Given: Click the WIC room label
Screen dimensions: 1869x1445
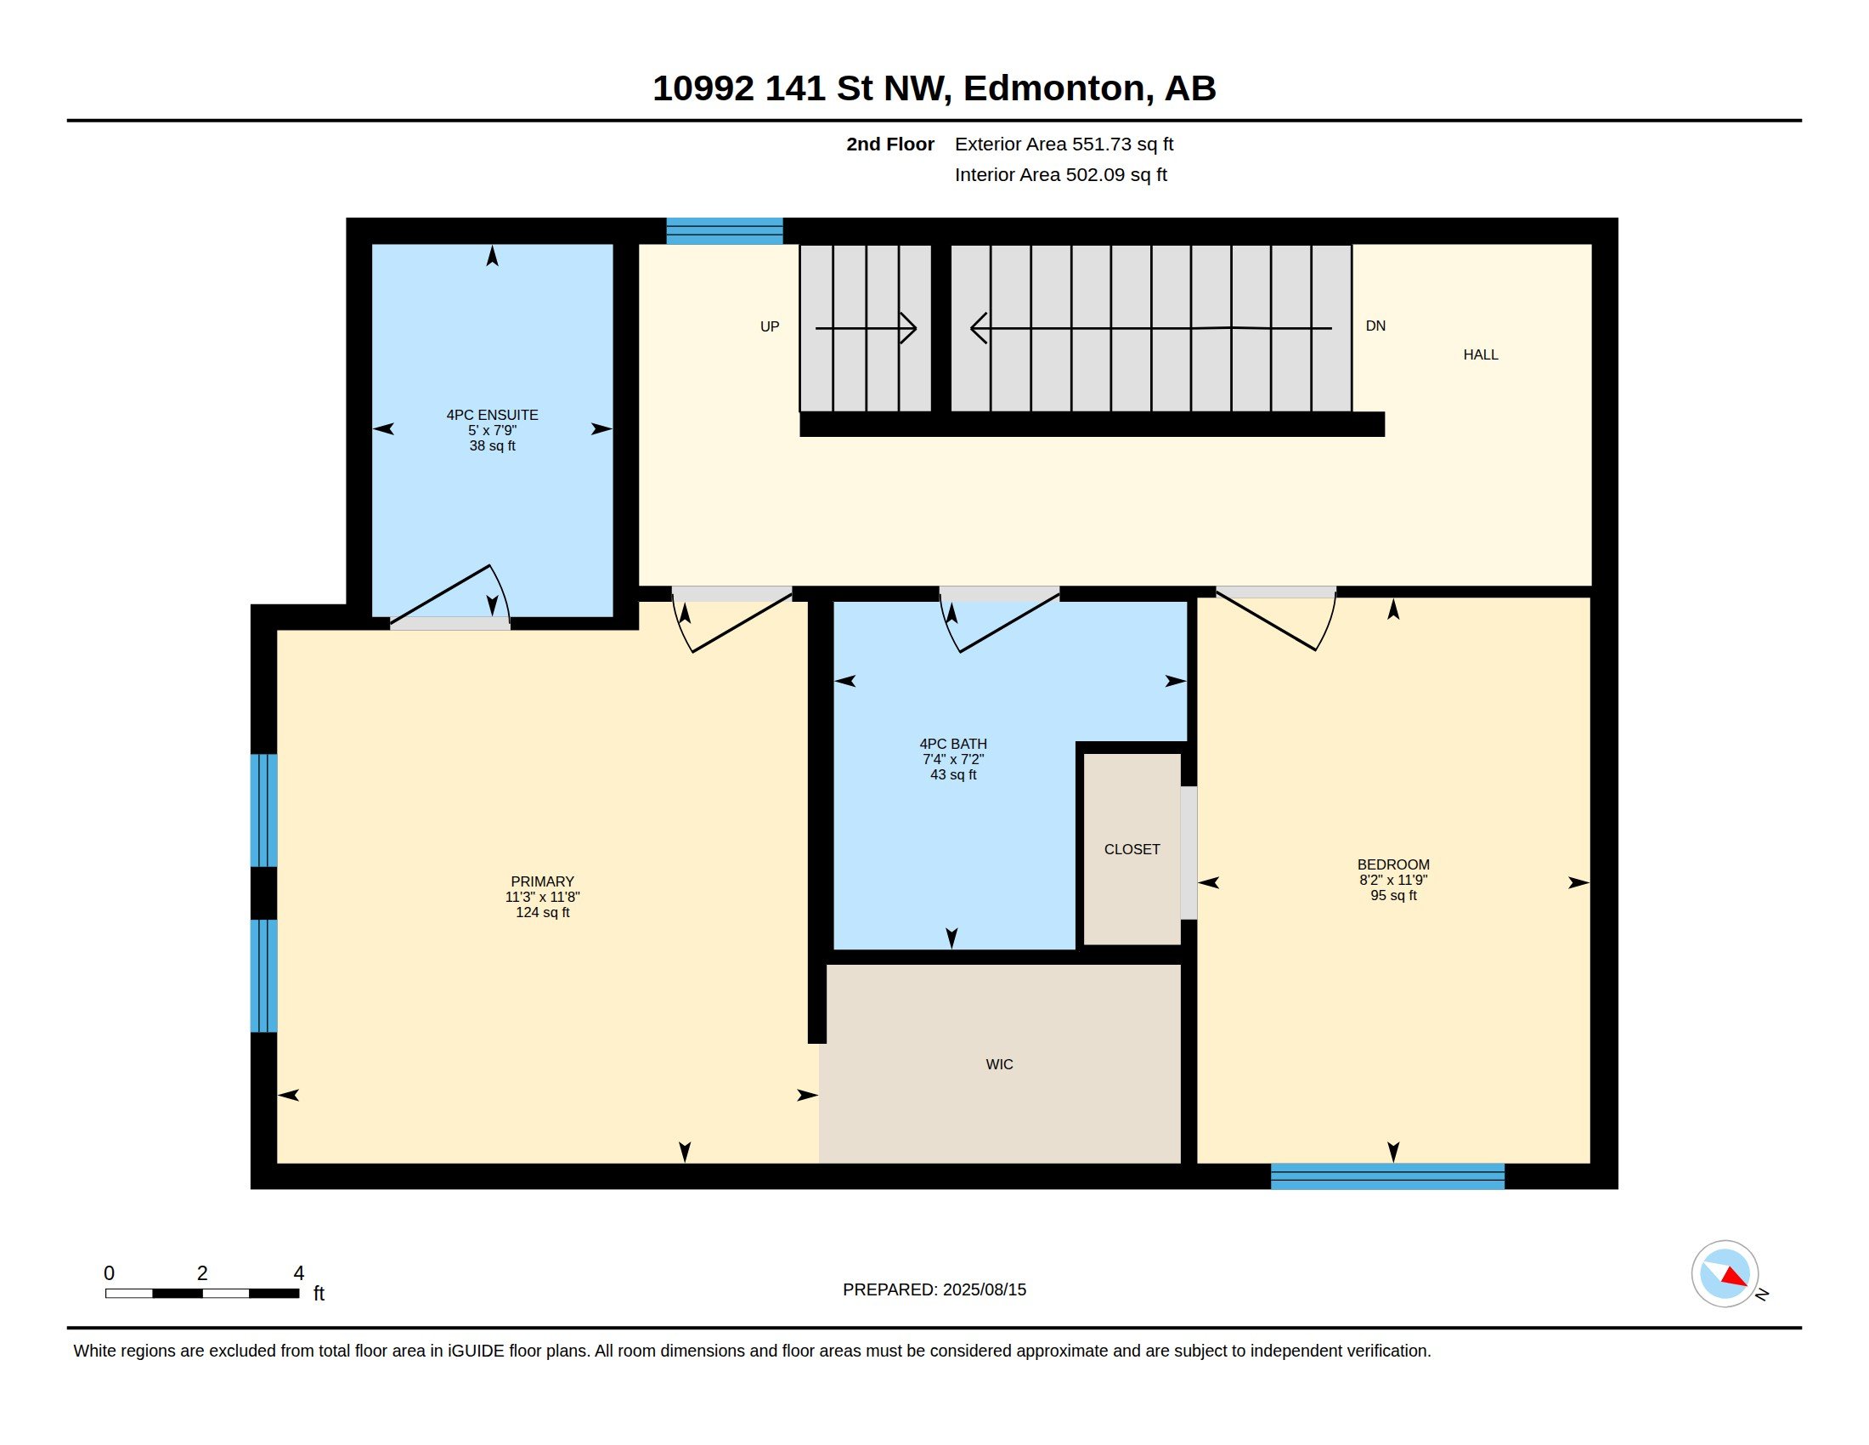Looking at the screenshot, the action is pyautogui.click(x=999, y=1064).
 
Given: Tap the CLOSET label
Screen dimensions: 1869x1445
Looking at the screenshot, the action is pyautogui.click(x=1132, y=849).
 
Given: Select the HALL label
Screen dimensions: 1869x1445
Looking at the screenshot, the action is pyautogui.click(x=1481, y=354).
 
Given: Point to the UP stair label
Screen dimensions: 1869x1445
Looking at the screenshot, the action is pyautogui.click(x=770, y=326).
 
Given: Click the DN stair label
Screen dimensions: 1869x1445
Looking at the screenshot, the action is pyautogui.click(x=1375, y=326).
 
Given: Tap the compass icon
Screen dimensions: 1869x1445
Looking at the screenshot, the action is pyautogui.click(x=1725, y=1274).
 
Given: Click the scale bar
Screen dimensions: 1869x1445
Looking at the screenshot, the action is pyautogui.click(x=202, y=1293).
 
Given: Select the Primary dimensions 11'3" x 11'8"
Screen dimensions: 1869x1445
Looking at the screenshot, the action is pyautogui.click(x=543, y=897).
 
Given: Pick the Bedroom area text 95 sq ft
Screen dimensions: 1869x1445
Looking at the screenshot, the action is pyautogui.click(x=1393, y=895).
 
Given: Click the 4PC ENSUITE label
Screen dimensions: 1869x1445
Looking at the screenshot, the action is pyautogui.click(x=492, y=415).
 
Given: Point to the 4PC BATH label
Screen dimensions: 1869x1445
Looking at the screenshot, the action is pyautogui.click(x=953, y=744).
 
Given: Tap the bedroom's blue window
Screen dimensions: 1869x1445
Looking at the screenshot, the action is pyautogui.click(x=1387, y=1176).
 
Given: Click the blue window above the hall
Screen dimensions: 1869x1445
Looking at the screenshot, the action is pyautogui.click(x=724, y=231).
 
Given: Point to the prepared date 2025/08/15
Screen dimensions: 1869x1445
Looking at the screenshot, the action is pyautogui.click(x=984, y=1289).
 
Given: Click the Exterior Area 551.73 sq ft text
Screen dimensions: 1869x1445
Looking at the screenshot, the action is pyautogui.click(x=1064, y=144).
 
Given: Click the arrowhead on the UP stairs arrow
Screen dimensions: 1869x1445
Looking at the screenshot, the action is pyautogui.click(x=908, y=328).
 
